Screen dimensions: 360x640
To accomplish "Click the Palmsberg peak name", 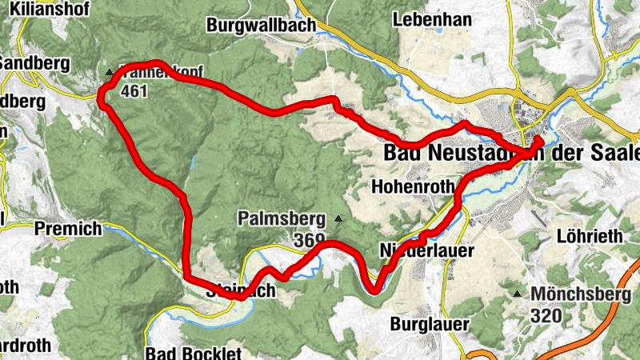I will (x=280, y=218).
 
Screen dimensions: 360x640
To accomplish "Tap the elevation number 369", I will (x=309, y=238).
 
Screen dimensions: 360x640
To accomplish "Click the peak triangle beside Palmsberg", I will (x=339, y=218).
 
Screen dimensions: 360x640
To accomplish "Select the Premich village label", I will (x=68, y=229).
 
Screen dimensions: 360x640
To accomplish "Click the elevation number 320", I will (x=546, y=315).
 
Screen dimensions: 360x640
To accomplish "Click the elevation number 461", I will (x=134, y=92).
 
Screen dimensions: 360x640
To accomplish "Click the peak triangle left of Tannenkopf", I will (x=110, y=74).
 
